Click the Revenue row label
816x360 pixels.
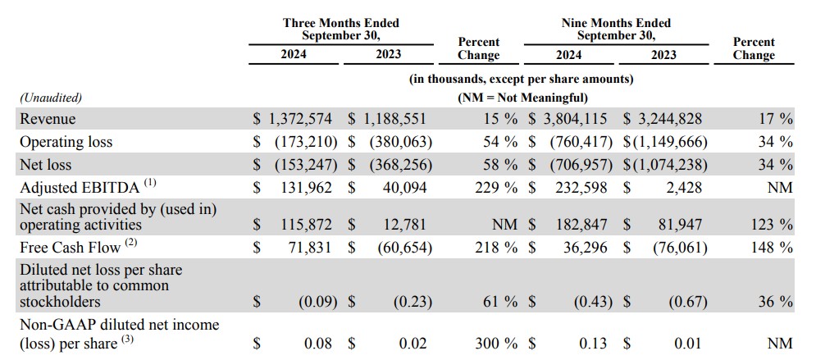48,119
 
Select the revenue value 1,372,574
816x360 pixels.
300,119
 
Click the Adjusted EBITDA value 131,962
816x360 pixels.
305,187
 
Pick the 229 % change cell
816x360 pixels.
495,187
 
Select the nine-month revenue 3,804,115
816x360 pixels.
575,119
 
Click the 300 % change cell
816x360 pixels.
496,344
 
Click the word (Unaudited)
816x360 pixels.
51,98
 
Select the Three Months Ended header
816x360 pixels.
341,30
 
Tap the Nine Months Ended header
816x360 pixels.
616,30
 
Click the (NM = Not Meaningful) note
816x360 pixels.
522,98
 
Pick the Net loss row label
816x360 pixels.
46,165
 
